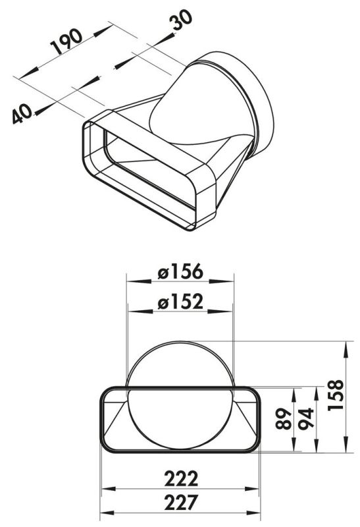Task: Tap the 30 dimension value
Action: coord(181,20)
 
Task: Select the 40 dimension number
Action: coord(22,113)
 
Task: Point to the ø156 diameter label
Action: coord(180,271)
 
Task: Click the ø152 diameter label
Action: coord(180,301)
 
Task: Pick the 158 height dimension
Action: coord(336,395)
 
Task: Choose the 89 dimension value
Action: coord(283,419)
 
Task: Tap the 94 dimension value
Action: coord(306,418)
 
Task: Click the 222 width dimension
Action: coord(181,479)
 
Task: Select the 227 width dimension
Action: coord(181,503)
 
